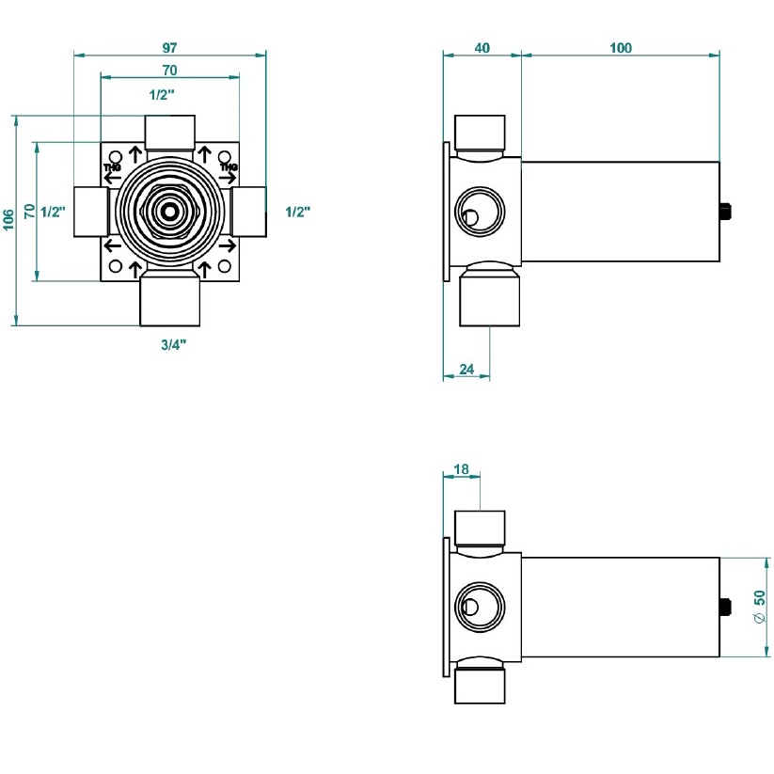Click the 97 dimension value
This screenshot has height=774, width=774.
coord(169,46)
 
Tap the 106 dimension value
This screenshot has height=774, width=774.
coord(8,220)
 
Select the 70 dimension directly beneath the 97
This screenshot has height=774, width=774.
coord(169,70)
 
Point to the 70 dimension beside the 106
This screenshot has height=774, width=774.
coord(29,212)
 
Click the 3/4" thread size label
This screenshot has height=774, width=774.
coord(173,345)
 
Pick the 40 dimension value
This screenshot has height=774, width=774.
coord(482,48)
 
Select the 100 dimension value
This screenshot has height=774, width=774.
coord(621,48)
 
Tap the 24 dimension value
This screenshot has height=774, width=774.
coord(466,369)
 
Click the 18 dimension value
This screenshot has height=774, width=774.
coord(461,468)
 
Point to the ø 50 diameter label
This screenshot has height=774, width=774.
coord(760,608)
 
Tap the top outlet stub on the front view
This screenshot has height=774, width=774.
coord(169,130)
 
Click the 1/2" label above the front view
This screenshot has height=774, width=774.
coord(162,94)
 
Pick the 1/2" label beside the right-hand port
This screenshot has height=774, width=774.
coord(297,212)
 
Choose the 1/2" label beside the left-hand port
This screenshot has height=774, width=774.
coord(52,212)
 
